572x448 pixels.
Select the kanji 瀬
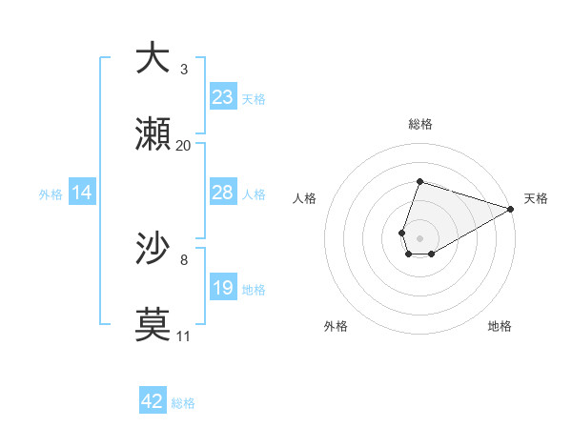[153, 134]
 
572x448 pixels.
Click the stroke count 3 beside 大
[184, 69]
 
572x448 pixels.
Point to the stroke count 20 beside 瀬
[184, 146]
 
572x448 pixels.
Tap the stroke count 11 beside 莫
[184, 336]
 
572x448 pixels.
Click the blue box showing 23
[222, 97]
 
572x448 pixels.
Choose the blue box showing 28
[222, 193]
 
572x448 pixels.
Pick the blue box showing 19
[222, 288]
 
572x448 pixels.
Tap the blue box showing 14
[82, 193]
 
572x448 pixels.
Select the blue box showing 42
[153, 401]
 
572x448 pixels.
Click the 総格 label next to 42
[183, 403]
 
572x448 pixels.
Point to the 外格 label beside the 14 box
[51, 194]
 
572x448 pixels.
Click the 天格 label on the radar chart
[536, 198]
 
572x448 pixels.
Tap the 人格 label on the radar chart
[305, 198]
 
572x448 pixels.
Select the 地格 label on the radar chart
[500, 326]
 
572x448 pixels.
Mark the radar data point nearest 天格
[511, 211]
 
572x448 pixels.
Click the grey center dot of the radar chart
[419, 235]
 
